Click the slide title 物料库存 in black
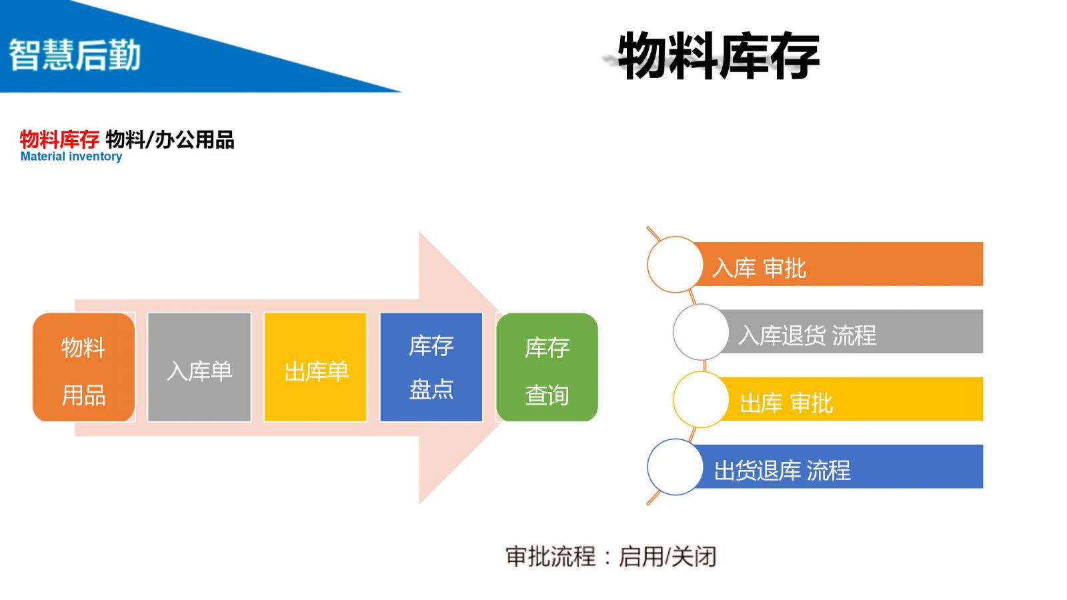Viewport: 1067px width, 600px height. click(x=718, y=56)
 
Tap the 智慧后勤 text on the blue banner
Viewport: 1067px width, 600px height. click(x=75, y=55)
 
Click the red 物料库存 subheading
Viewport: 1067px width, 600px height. click(x=59, y=139)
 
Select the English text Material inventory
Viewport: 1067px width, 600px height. click(x=71, y=157)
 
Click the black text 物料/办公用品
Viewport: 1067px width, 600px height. click(x=170, y=139)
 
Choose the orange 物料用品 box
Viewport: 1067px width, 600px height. click(x=83, y=367)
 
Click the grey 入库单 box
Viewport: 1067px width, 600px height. click(x=199, y=367)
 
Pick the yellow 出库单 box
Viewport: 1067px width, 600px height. click(x=315, y=367)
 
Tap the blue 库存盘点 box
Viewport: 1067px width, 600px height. click(x=431, y=367)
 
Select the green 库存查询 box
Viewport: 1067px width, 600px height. click(x=547, y=367)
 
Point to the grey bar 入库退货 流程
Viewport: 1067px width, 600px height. click(x=854, y=332)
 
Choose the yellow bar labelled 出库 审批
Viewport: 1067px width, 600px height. click(x=854, y=399)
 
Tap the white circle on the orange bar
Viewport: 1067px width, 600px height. click(x=675, y=265)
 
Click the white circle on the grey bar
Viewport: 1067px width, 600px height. click(x=701, y=332)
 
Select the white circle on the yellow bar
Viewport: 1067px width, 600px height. click(x=701, y=399)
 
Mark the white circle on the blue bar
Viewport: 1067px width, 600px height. click(x=675, y=467)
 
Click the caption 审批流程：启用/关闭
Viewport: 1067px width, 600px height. click(x=611, y=556)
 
